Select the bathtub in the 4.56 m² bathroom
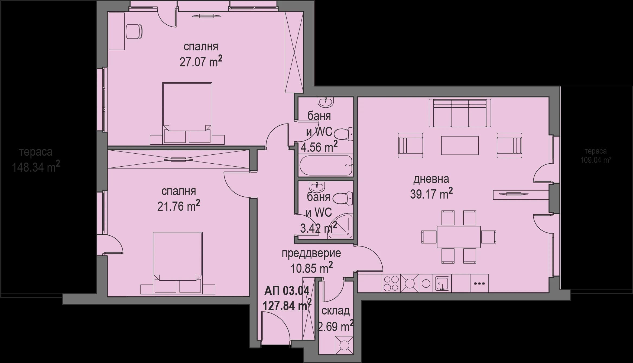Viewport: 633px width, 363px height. point(326,166)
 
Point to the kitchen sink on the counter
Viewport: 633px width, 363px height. point(442,283)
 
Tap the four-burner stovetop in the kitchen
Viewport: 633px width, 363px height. point(391,283)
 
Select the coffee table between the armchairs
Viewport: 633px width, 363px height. point(460,145)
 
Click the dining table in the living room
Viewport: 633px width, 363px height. point(459,237)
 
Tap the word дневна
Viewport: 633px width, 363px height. point(431,179)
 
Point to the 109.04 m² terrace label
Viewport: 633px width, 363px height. point(596,160)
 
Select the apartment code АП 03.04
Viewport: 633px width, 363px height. point(287,291)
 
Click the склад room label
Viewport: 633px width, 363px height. point(335,311)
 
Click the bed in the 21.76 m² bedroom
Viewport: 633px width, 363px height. point(178,263)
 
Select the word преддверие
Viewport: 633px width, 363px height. point(311,254)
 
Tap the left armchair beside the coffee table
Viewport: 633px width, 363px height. point(410,145)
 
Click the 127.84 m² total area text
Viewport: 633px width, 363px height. point(287,306)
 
